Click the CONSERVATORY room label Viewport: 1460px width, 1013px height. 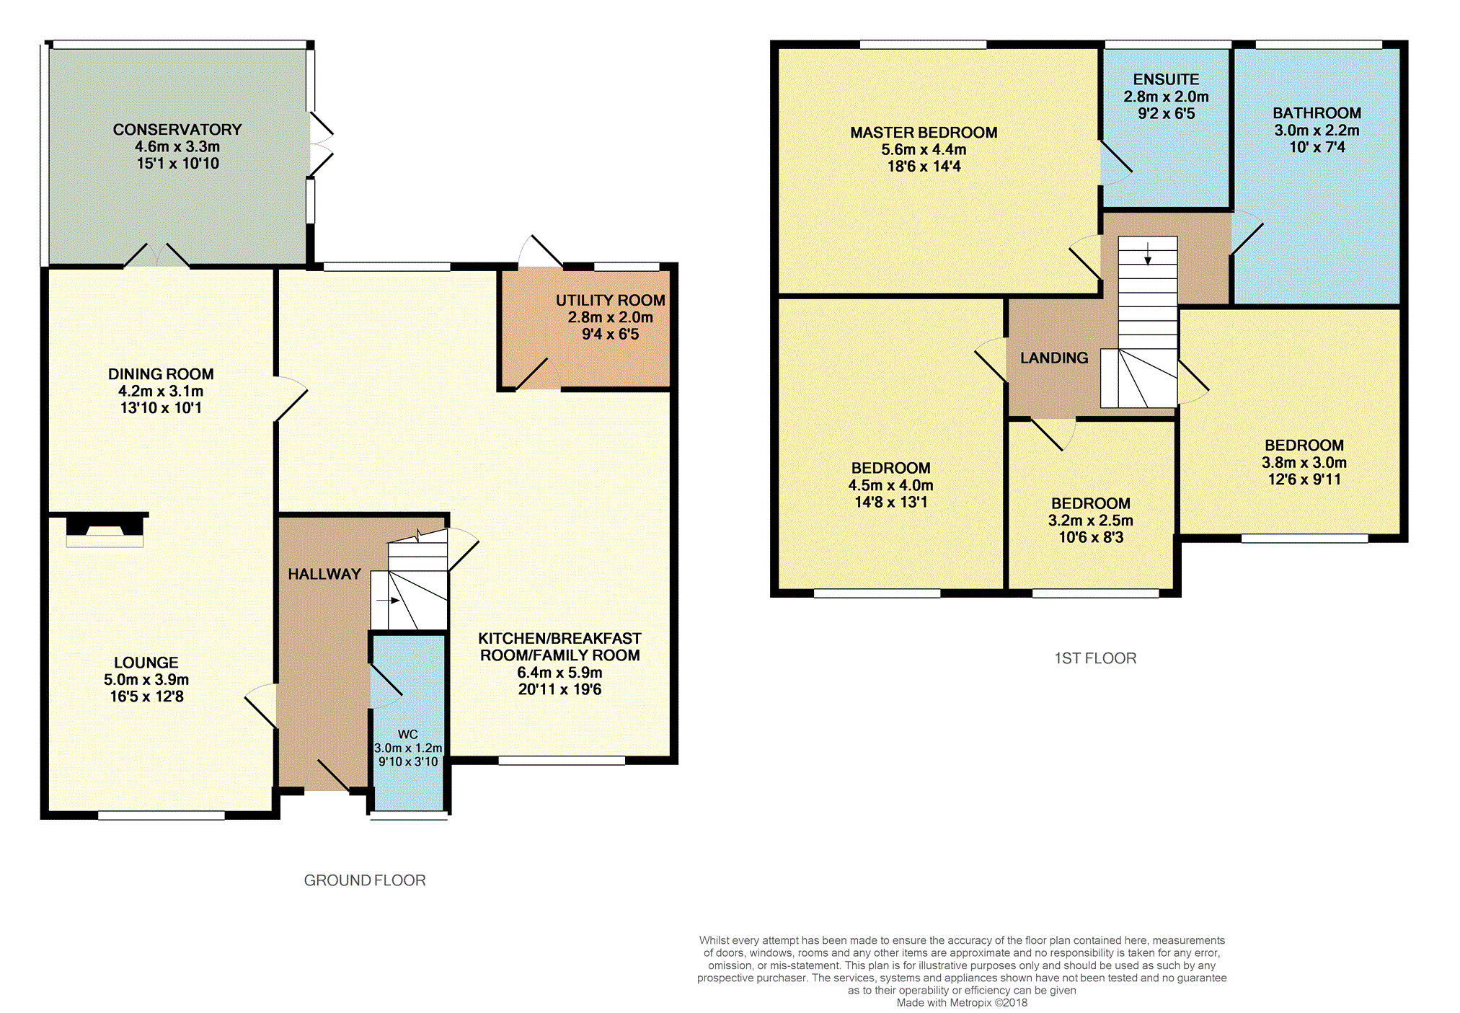point(177,130)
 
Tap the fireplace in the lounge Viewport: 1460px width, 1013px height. point(105,529)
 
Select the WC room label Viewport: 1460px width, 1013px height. point(407,734)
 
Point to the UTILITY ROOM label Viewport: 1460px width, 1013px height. point(610,300)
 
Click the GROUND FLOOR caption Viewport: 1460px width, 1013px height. point(365,880)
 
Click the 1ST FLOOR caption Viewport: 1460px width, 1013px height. point(1095,658)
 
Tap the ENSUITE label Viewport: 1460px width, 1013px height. point(1166,79)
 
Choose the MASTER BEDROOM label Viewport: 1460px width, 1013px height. point(924,133)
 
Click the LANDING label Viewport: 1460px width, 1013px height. point(1054,358)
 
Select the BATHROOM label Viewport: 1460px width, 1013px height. point(1317,113)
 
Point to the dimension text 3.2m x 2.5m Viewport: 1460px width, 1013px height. point(1090,521)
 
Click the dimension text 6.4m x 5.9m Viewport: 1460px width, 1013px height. point(559,673)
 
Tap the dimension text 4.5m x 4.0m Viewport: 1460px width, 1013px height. point(890,485)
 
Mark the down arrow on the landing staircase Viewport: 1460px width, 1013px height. point(1148,252)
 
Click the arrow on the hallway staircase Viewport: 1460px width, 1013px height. point(388,600)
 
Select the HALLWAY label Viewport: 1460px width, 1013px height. point(324,574)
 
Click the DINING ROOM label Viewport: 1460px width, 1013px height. point(161,374)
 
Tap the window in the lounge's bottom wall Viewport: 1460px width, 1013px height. point(162,815)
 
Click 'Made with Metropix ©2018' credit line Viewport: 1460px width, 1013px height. point(962,1003)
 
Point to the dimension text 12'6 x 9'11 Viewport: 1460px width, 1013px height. point(1304,479)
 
